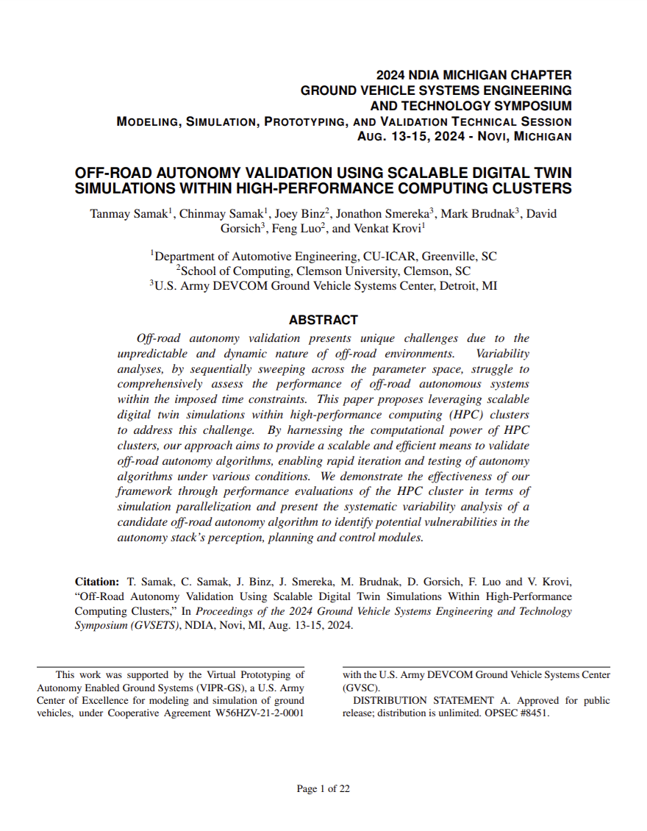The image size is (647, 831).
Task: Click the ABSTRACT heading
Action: (323, 320)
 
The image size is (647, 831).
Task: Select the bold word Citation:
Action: (97, 582)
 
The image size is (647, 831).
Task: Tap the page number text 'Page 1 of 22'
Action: (323, 789)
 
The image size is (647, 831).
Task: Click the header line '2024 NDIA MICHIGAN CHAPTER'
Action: (473, 75)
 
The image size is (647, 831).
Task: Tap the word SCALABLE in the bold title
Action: (426, 174)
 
